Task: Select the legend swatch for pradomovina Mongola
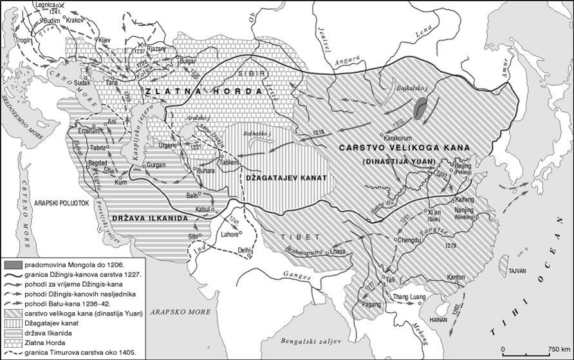click(12, 264)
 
